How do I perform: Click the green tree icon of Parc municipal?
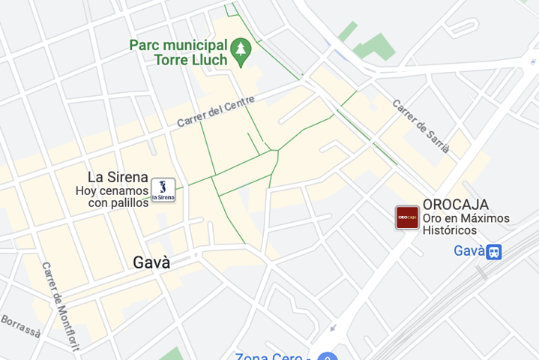[241, 52]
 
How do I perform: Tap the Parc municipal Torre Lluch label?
[179, 52]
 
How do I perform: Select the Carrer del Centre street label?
[216, 111]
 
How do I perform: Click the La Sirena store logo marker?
[163, 190]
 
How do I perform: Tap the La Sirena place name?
[118, 177]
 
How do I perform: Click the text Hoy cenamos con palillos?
[112, 196]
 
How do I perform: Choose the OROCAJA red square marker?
[407, 217]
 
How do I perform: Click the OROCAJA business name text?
[456, 204]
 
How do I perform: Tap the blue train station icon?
[493, 251]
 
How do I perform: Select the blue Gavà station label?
[469, 250]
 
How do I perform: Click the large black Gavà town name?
[151, 262]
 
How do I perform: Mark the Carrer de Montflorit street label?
[60, 297]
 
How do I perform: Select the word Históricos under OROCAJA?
[450, 231]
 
